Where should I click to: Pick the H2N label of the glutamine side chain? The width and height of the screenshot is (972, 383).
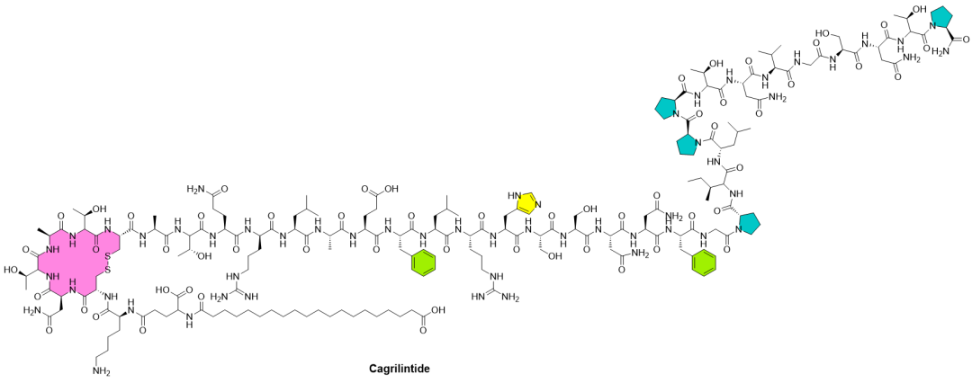pyautogui.click(x=195, y=190)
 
